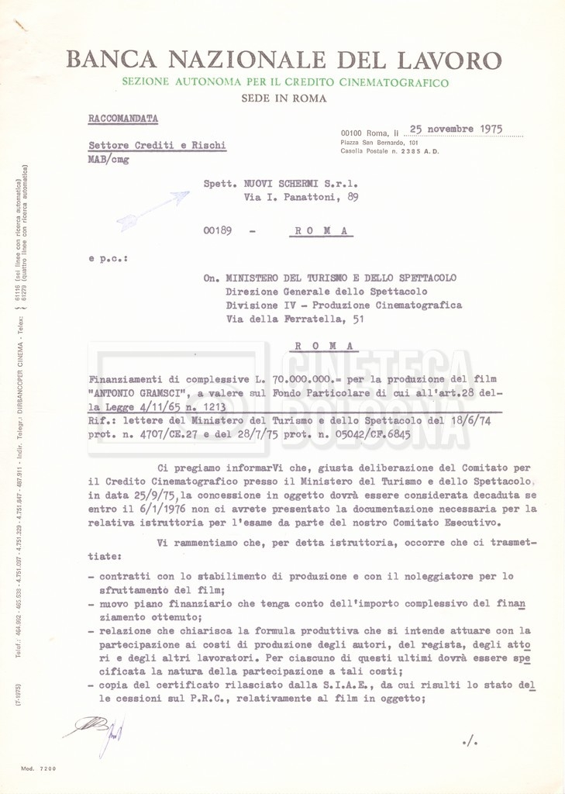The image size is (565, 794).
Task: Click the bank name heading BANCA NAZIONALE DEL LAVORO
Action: point(284,60)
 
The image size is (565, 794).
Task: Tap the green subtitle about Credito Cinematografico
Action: point(284,82)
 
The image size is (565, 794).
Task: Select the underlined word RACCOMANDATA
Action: point(123,119)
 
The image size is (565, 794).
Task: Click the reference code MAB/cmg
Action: point(109,160)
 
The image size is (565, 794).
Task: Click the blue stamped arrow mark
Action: point(153,211)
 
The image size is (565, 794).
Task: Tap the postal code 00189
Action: point(218,231)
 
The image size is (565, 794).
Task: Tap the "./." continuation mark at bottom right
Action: point(470,742)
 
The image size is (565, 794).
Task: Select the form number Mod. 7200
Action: point(39,768)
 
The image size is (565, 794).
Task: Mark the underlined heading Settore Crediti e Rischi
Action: point(157,145)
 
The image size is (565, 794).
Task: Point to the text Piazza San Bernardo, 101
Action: point(380,143)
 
